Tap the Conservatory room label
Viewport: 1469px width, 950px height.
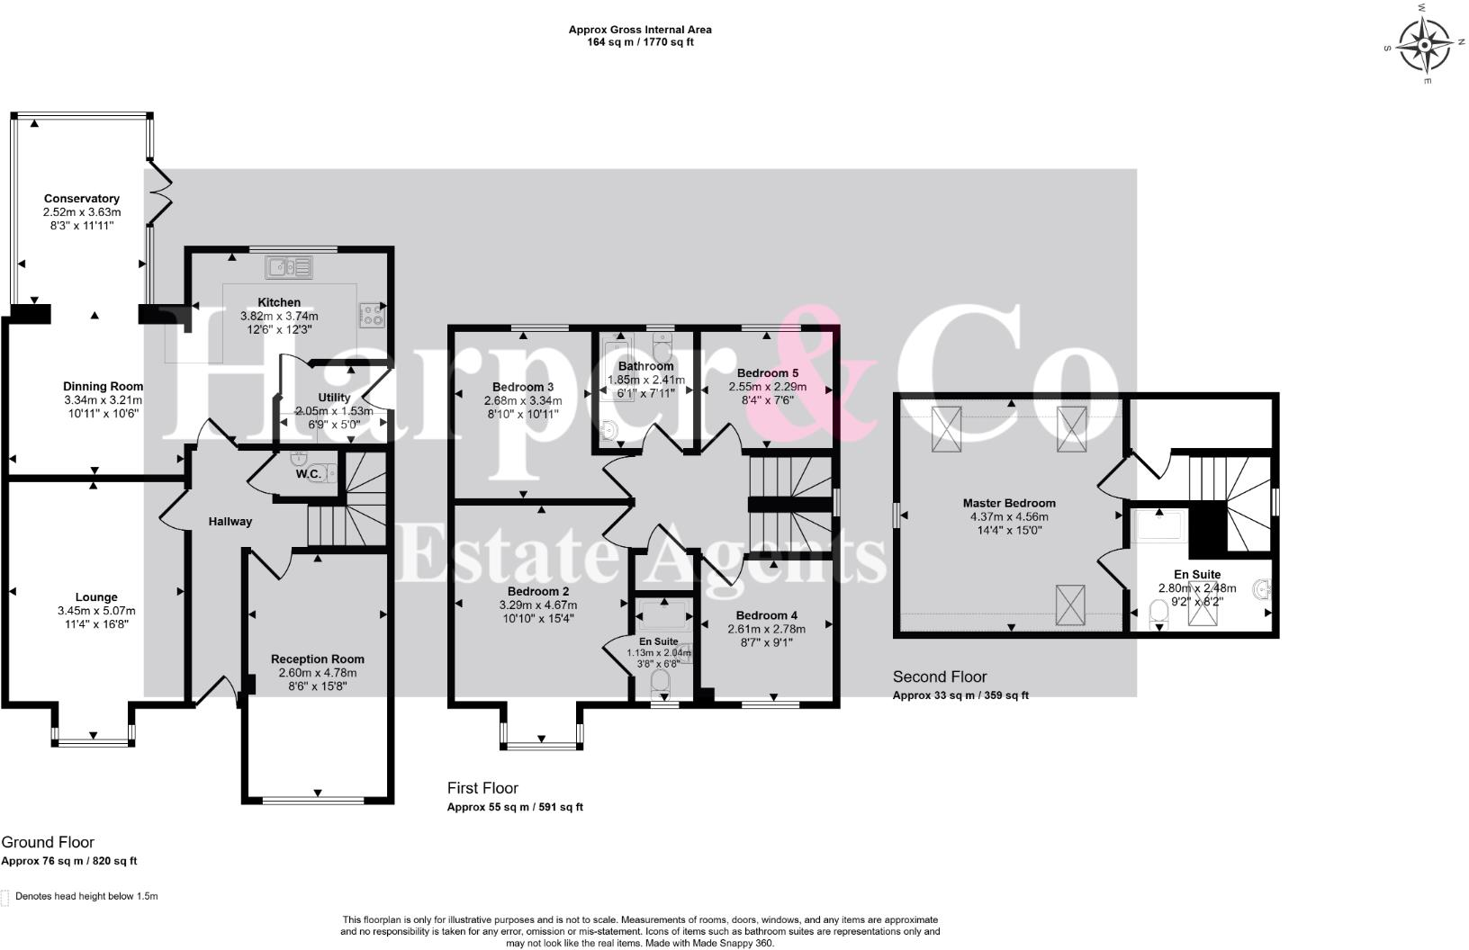82,199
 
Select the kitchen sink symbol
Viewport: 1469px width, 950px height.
289,266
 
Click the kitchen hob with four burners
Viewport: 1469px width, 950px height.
373,314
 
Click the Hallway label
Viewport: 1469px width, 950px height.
230,522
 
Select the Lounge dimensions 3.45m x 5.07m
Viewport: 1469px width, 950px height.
95,611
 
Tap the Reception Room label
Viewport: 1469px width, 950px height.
317,659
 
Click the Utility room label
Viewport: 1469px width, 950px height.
334,398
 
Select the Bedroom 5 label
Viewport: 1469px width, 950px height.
767,373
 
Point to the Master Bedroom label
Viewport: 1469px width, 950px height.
1009,504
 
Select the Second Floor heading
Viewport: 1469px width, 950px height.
940,677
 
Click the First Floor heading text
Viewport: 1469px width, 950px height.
482,789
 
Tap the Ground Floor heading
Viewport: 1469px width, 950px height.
48,843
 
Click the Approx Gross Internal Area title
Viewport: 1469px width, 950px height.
640,30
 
